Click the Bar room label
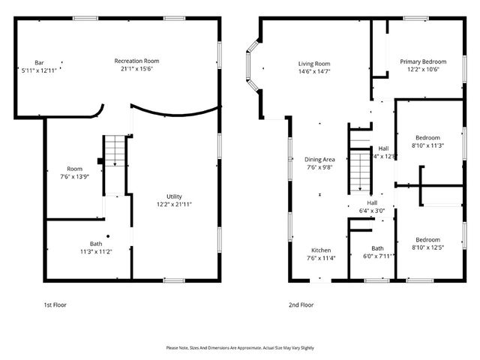[x=38, y=61]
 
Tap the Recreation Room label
[x=136, y=61]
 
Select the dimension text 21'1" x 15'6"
[x=136, y=69]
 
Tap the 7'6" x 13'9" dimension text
[x=74, y=176]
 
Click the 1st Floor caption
[x=55, y=305]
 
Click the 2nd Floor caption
[x=301, y=305]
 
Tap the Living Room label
[x=314, y=63]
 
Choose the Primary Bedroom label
[x=423, y=61]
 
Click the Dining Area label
[x=319, y=159]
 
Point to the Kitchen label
[x=322, y=250]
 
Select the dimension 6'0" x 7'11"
[x=378, y=256]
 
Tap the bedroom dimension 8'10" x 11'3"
[x=427, y=145]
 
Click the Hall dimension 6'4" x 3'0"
[x=372, y=211]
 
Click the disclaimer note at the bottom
[x=240, y=348]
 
